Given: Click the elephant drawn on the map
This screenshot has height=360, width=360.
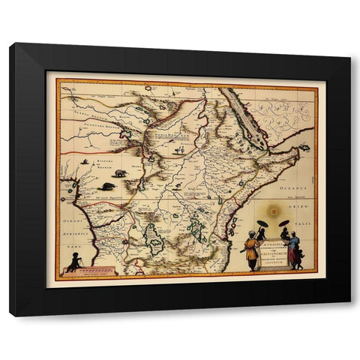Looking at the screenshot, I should [x=120, y=173].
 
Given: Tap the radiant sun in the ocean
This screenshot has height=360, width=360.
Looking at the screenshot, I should [x=273, y=212].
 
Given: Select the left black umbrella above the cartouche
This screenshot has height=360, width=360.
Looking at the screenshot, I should [x=262, y=223].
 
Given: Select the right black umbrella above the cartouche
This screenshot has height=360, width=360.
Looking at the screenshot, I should [x=285, y=223].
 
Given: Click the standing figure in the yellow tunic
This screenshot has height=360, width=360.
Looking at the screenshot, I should [x=250, y=252].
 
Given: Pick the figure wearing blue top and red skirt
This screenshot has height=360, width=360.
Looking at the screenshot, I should [x=292, y=250].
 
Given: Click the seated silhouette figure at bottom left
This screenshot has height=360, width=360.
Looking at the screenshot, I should [x=73, y=262].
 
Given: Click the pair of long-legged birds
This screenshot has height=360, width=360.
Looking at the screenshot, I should [x=180, y=150].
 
